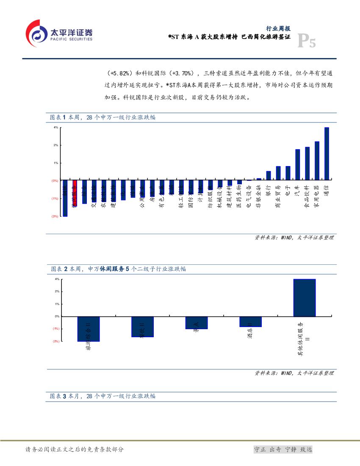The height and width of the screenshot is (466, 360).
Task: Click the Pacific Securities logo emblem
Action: click(37, 33)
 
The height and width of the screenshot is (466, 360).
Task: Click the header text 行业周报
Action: click(278, 28)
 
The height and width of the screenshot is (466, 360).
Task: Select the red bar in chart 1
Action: click(75, 193)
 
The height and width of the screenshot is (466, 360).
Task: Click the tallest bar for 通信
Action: click(327, 153)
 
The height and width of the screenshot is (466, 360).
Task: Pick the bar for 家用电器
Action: click(317, 160)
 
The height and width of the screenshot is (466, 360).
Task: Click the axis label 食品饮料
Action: click(307, 195)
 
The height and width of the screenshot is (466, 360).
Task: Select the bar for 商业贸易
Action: click(278, 172)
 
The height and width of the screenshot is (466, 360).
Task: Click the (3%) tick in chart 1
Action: click(55, 216)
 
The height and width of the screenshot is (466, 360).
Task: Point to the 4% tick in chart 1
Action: click(56, 128)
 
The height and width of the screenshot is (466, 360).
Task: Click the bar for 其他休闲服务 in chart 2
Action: click(305, 297)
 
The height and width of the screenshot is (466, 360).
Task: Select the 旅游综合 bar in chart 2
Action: click(89, 329)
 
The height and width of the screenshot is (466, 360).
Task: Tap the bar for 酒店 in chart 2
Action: click(250, 322)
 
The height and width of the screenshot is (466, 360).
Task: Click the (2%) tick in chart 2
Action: click(56, 341)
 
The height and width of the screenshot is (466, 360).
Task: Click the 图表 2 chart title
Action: click(118, 269)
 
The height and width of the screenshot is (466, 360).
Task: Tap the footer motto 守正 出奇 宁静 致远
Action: click(282, 449)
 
